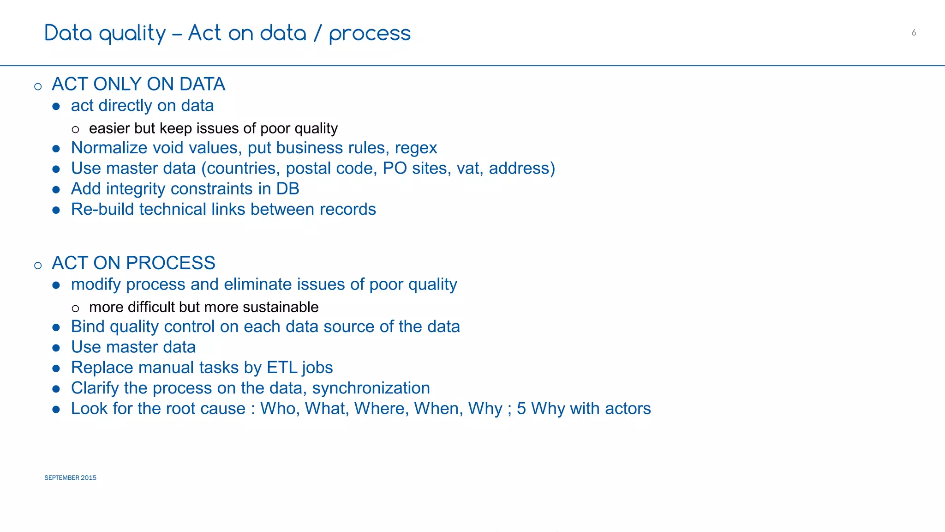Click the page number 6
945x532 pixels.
(914, 33)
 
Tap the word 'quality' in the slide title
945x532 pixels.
(132, 34)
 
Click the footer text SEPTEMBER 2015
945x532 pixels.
(70, 478)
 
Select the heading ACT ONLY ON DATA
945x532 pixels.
(138, 84)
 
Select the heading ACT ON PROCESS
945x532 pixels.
(133, 263)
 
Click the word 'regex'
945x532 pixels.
(416, 148)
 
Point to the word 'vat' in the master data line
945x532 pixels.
(470, 168)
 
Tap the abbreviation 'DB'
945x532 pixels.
(287, 189)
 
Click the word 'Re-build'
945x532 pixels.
(102, 209)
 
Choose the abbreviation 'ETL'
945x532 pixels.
(281, 368)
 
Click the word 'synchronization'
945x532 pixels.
(371, 388)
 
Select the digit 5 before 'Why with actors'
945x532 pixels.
(521, 409)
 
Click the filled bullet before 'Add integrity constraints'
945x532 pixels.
(56, 189)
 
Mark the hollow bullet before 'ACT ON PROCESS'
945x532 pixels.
(38, 265)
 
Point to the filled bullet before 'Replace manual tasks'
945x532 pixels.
(56, 368)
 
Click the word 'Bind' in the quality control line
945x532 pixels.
(88, 326)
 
